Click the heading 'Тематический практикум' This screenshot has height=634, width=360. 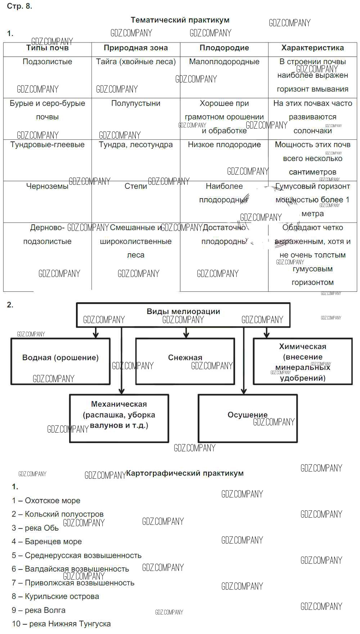point(180,20)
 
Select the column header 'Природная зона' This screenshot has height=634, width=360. point(136,48)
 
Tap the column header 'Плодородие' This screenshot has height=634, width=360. point(224,48)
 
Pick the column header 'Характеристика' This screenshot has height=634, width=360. point(312,48)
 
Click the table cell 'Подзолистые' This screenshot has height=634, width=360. point(47,62)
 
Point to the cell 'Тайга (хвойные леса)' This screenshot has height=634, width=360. point(136,62)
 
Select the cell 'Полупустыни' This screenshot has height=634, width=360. point(136,103)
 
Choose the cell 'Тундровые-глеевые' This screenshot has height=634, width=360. point(47,145)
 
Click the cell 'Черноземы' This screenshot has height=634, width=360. point(47,186)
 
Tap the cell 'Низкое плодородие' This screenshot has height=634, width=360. point(224,145)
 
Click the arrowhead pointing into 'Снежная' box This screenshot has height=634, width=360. point(186,335)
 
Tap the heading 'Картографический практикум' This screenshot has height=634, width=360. point(185,473)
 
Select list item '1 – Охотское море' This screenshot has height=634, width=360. point(46,501)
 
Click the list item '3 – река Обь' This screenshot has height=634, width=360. point(35,528)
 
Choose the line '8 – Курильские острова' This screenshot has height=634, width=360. point(55,597)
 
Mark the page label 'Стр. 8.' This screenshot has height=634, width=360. point(19,6)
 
